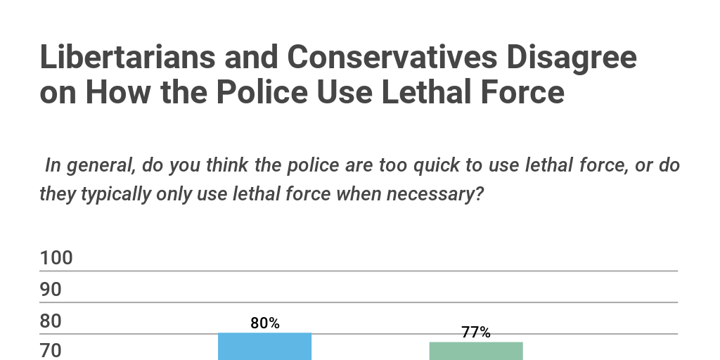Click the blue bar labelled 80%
click(264, 347)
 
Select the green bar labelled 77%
click(476, 351)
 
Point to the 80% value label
click(265, 323)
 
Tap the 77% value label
click(476, 333)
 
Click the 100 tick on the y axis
click(56, 258)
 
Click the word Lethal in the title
click(450, 92)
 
